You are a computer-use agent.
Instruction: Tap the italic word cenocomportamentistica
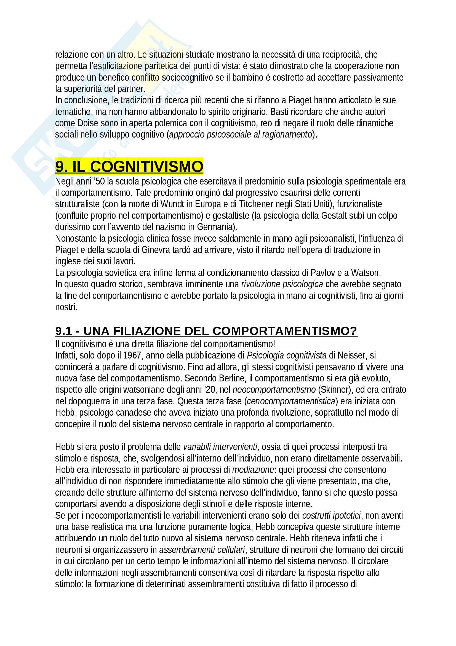click(x=291, y=401)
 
